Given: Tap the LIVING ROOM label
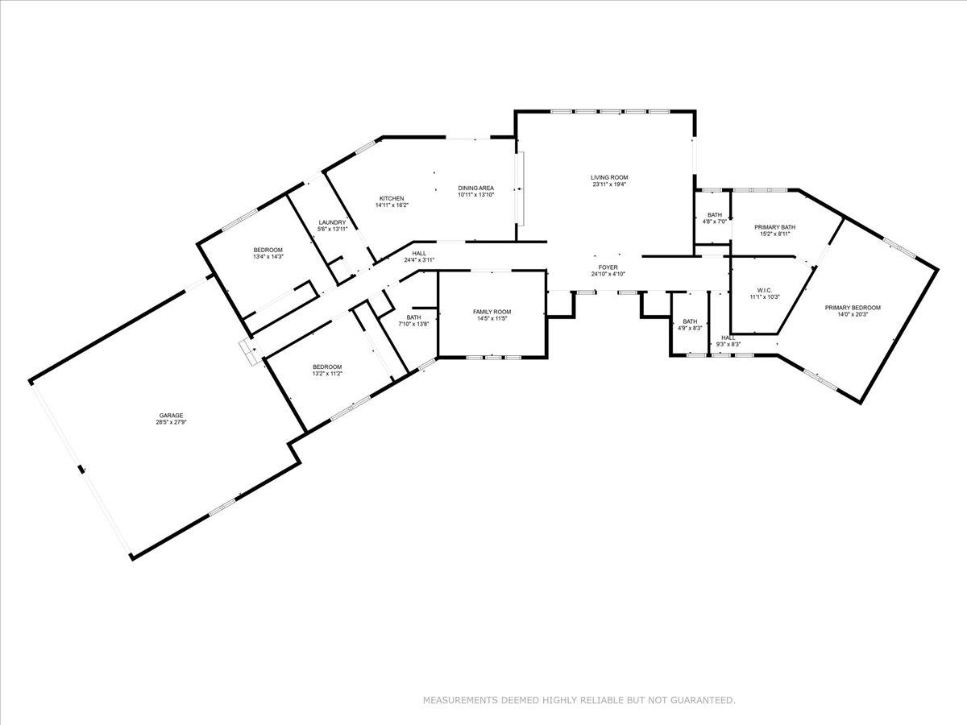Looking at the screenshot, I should point(609,177).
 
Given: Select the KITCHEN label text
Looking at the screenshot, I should point(392,199).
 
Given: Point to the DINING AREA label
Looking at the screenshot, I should point(475,188).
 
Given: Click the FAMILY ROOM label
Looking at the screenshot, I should point(492,312).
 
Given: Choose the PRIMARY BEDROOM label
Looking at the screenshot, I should point(853,308).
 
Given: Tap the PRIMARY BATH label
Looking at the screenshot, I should point(774,227).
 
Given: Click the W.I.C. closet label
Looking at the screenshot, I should point(765,290).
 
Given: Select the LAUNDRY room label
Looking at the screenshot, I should point(332,223).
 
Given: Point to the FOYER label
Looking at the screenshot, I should point(608,267).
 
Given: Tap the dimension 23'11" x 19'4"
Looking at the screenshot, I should point(609,184).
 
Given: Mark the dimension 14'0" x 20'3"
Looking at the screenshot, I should point(853,315).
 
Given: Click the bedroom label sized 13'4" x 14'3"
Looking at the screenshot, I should point(268,250).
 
